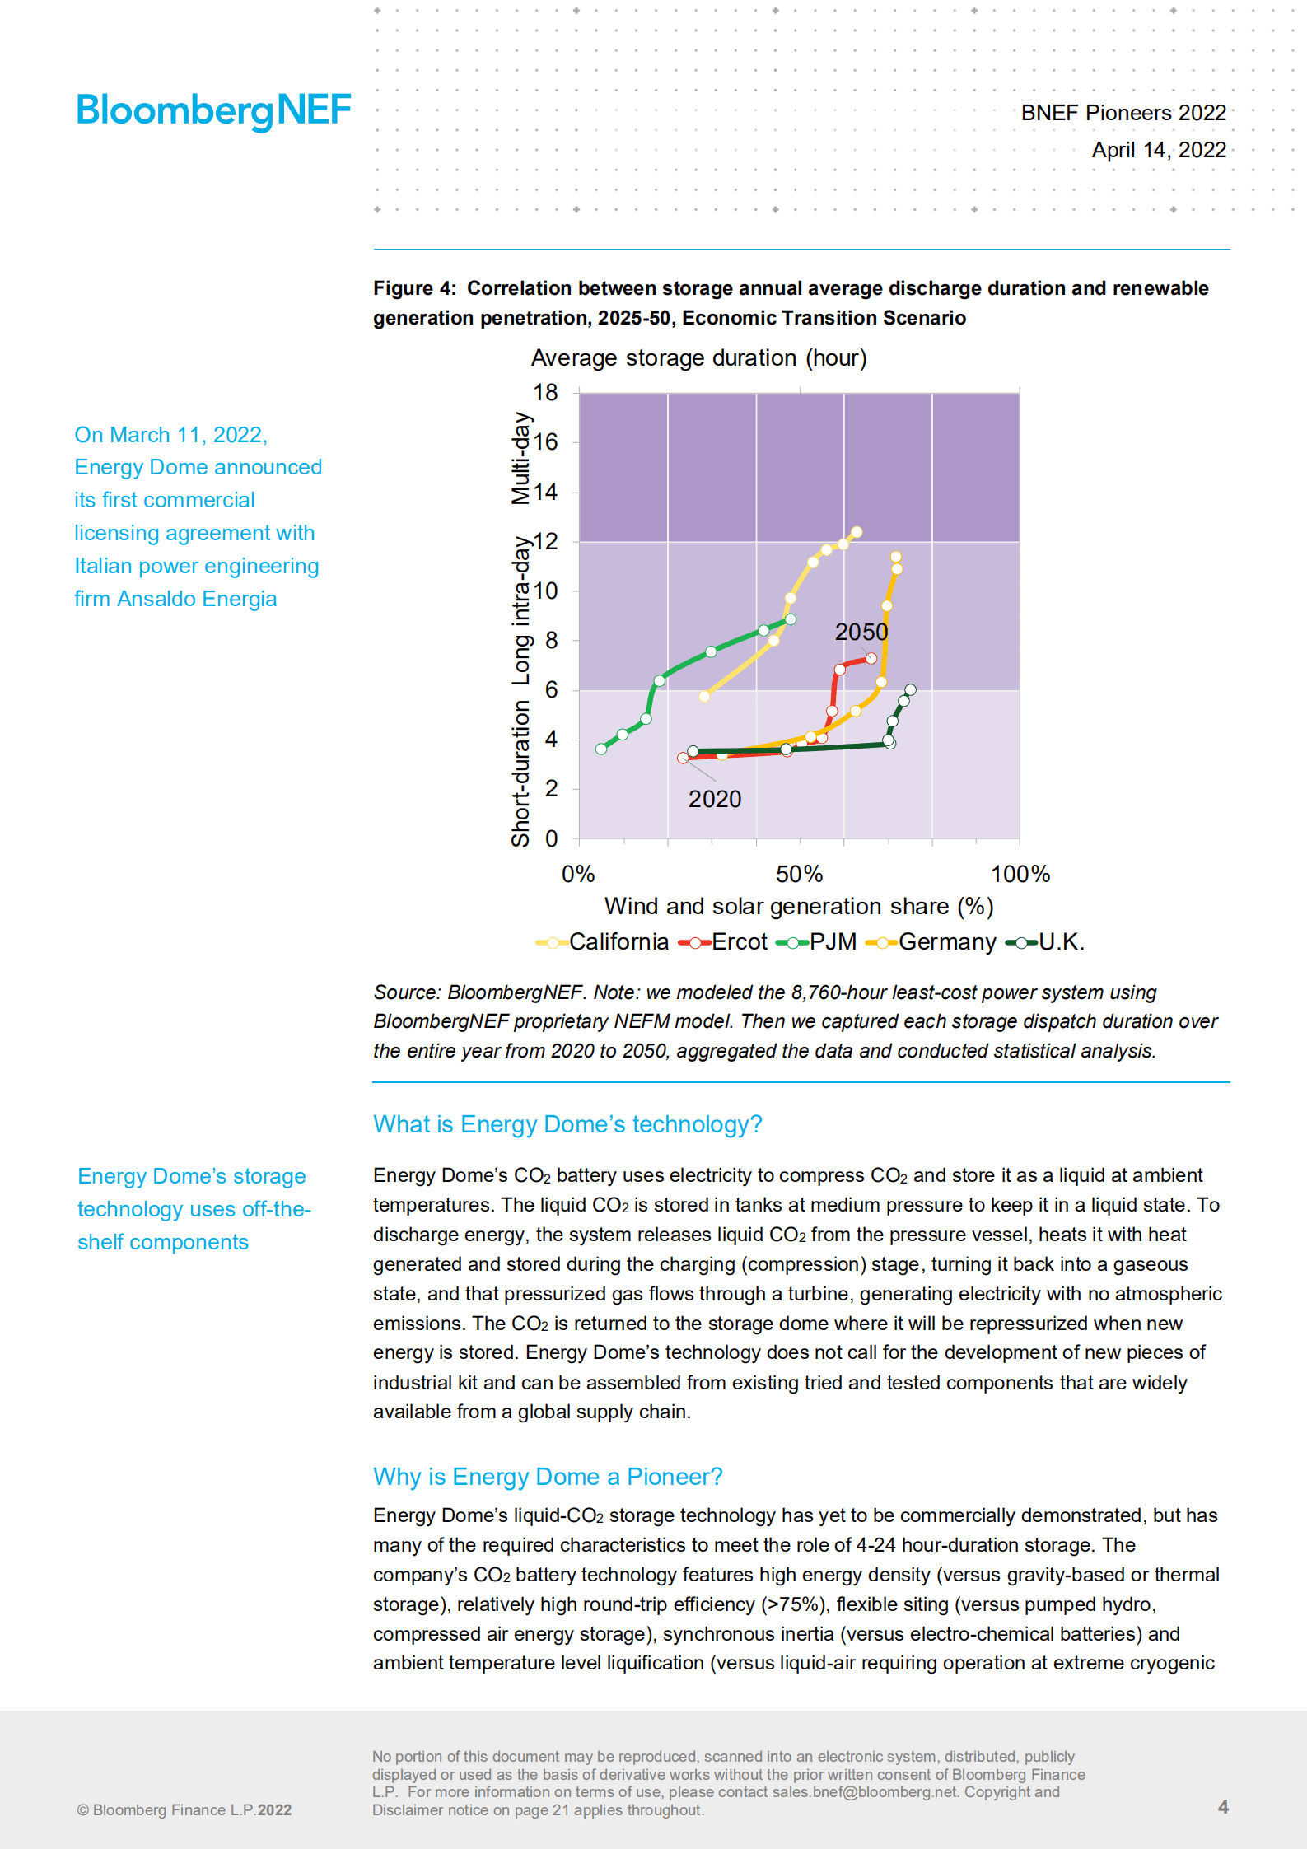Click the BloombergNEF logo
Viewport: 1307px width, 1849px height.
213,110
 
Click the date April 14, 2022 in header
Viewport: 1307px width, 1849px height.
1158,150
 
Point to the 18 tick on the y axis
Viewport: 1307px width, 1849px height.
545,393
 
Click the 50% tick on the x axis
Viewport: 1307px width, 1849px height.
799,874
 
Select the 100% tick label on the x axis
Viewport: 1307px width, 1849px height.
1020,874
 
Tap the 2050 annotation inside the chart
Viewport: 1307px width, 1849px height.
861,632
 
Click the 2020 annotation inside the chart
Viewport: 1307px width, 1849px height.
715,799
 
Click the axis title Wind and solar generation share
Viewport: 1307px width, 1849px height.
798,906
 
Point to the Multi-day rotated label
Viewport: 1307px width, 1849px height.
520,458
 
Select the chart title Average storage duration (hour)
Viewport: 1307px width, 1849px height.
698,358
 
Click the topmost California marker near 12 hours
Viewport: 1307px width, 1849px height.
857,532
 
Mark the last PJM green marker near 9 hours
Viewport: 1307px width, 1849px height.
791,619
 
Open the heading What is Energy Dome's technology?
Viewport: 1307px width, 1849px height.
567,1124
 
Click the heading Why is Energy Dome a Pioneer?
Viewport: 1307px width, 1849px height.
548,1477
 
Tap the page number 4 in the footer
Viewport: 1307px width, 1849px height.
1223,1806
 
